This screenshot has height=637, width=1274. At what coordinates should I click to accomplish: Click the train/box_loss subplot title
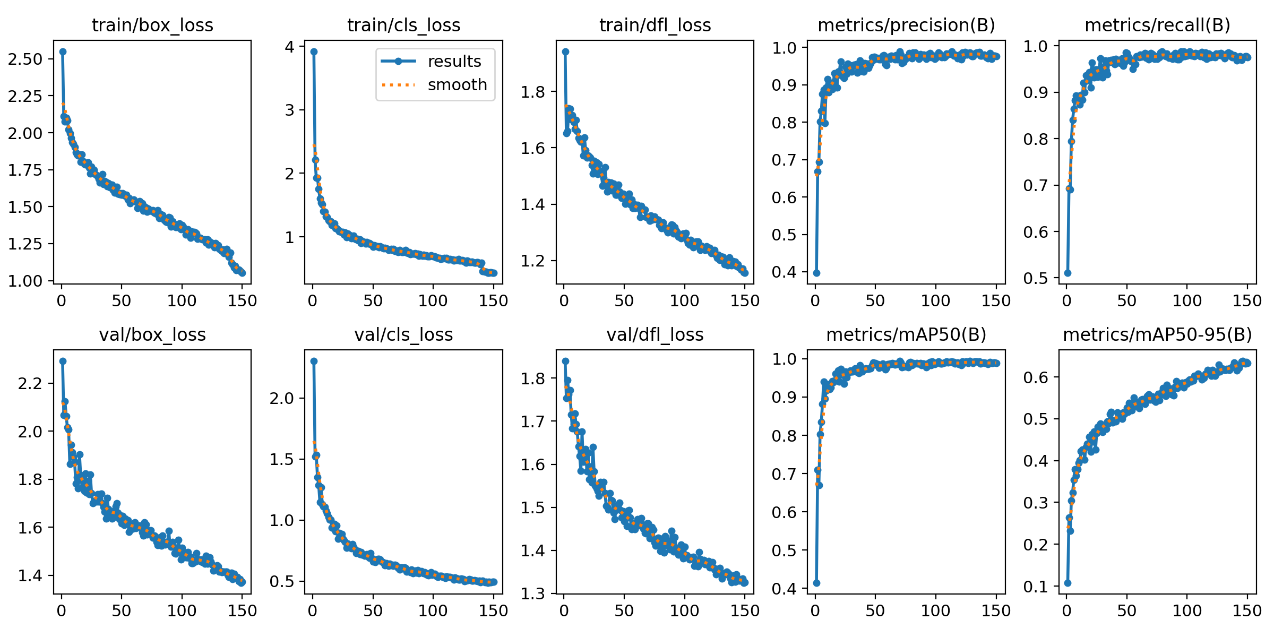click(x=152, y=25)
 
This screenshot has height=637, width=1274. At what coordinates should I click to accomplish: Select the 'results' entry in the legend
click(x=454, y=62)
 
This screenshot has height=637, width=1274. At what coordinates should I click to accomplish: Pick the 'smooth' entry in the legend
click(x=457, y=85)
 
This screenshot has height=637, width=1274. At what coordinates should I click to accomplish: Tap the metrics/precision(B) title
click(x=906, y=25)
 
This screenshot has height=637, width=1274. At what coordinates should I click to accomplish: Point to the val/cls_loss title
click(x=403, y=335)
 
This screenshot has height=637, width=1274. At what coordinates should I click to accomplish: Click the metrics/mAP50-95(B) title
click(x=1157, y=335)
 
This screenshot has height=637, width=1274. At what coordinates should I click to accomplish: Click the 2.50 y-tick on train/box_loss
click(x=25, y=59)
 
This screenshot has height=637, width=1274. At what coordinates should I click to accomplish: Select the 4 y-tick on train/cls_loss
click(x=289, y=47)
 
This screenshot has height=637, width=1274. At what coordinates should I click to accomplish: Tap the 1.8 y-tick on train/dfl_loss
click(x=533, y=92)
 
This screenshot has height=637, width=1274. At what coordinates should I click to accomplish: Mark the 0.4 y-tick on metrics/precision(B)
click(x=784, y=272)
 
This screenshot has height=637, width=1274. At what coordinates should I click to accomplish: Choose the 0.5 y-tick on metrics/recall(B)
click(x=1036, y=278)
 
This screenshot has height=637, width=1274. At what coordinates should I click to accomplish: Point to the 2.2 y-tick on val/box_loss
click(x=30, y=383)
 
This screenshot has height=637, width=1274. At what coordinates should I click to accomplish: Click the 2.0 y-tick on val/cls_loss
click(x=281, y=398)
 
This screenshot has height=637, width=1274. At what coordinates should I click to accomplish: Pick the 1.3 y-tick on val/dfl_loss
click(x=533, y=593)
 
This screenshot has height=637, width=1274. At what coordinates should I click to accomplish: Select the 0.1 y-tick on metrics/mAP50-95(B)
click(x=1036, y=587)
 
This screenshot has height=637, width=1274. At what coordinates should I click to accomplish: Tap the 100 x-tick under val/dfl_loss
click(x=684, y=611)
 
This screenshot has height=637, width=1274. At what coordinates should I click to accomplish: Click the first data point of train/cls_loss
click(x=314, y=51)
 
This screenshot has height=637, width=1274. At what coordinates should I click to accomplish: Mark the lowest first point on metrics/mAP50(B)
click(x=816, y=583)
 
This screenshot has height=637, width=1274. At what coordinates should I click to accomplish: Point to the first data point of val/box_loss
click(x=63, y=361)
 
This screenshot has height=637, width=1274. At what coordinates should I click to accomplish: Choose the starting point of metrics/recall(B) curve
click(x=1068, y=273)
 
